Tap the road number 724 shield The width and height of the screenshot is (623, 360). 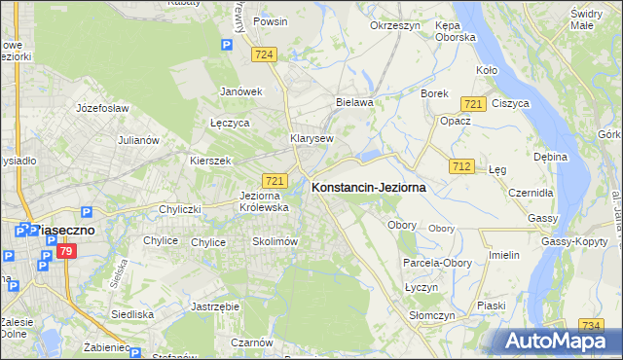[x=262, y=57]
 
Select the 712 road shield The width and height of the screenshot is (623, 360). [x=461, y=167]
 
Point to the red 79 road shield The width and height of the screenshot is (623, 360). [x=66, y=252]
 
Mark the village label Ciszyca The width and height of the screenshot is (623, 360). [x=510, y=103]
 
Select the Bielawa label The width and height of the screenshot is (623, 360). [x=354, y=101]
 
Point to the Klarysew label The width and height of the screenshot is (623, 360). [x=311, y=139]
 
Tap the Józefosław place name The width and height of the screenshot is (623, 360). [x=102, y=108]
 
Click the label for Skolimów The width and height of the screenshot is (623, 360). [x=274, y=241]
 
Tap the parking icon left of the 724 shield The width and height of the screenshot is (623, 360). [x=227, y=44]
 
